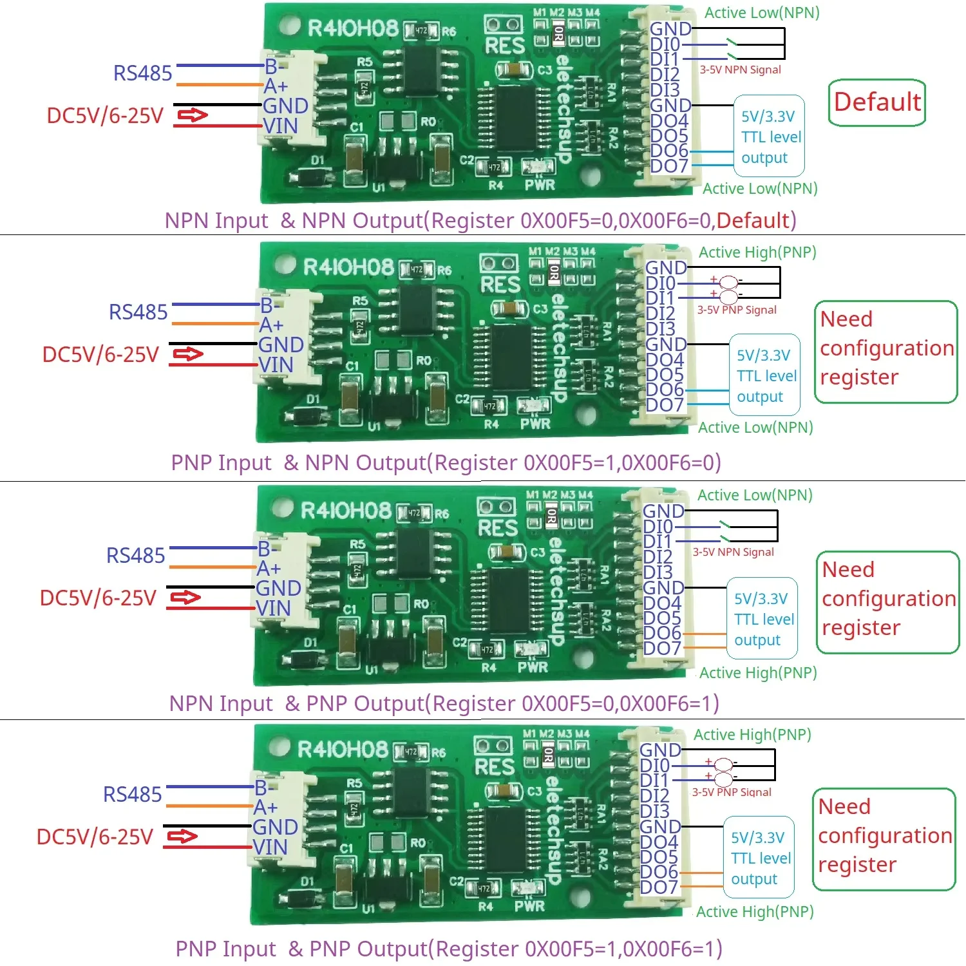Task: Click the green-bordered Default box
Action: pyautogui.click(x=876, y=102)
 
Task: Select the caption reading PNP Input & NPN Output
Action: pyautogui.click(x=446, y=462)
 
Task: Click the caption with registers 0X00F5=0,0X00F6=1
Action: pyautogui.click(x=444, y=703)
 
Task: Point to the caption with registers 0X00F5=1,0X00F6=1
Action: pyautogui.click(x=448, y=949)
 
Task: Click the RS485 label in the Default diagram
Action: pyautogui.click(x=142, y=73)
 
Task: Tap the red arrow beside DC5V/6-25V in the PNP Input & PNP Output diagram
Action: pyautogui.click(x=182, y=837)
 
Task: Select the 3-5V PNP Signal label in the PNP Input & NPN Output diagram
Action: pyautogui.click(x=737, y=310)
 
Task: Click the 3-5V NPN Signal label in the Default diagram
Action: pyautogui.click(x=740, y=70)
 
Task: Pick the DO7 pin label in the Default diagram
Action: pyautogui.click(x=669, y=166)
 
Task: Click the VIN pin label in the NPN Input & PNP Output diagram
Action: pyautogui.click(x=273, y=608)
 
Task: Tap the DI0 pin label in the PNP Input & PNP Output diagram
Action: pyautogui.click(x=654, y=766)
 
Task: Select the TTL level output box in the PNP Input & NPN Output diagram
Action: pyautogui.click(x=765, y=375)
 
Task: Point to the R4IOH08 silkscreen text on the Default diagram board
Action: pyautogui.click(x=353, y=28)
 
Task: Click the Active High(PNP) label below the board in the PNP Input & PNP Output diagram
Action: pyautogui.click(x=755, y=911)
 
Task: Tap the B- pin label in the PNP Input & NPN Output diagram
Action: pyautogui.click(x=270, y=305)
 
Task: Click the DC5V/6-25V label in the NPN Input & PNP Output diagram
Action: pyautogui.click(x=98, y=598)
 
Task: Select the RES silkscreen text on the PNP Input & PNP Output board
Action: pyautogui.click(x=495, y=767)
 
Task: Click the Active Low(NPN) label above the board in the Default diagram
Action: pyautogui.click(x=762, y=13)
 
